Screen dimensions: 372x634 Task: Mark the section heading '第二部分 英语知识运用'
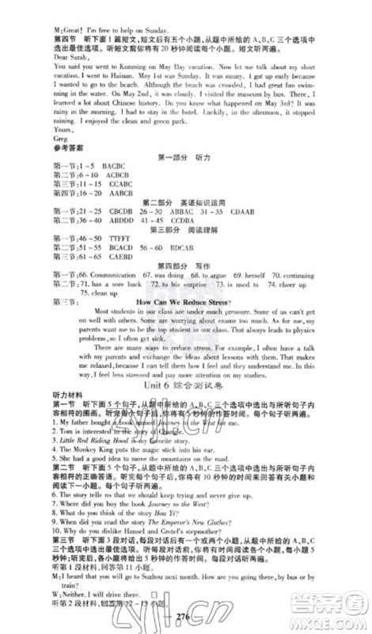(189, 223)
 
